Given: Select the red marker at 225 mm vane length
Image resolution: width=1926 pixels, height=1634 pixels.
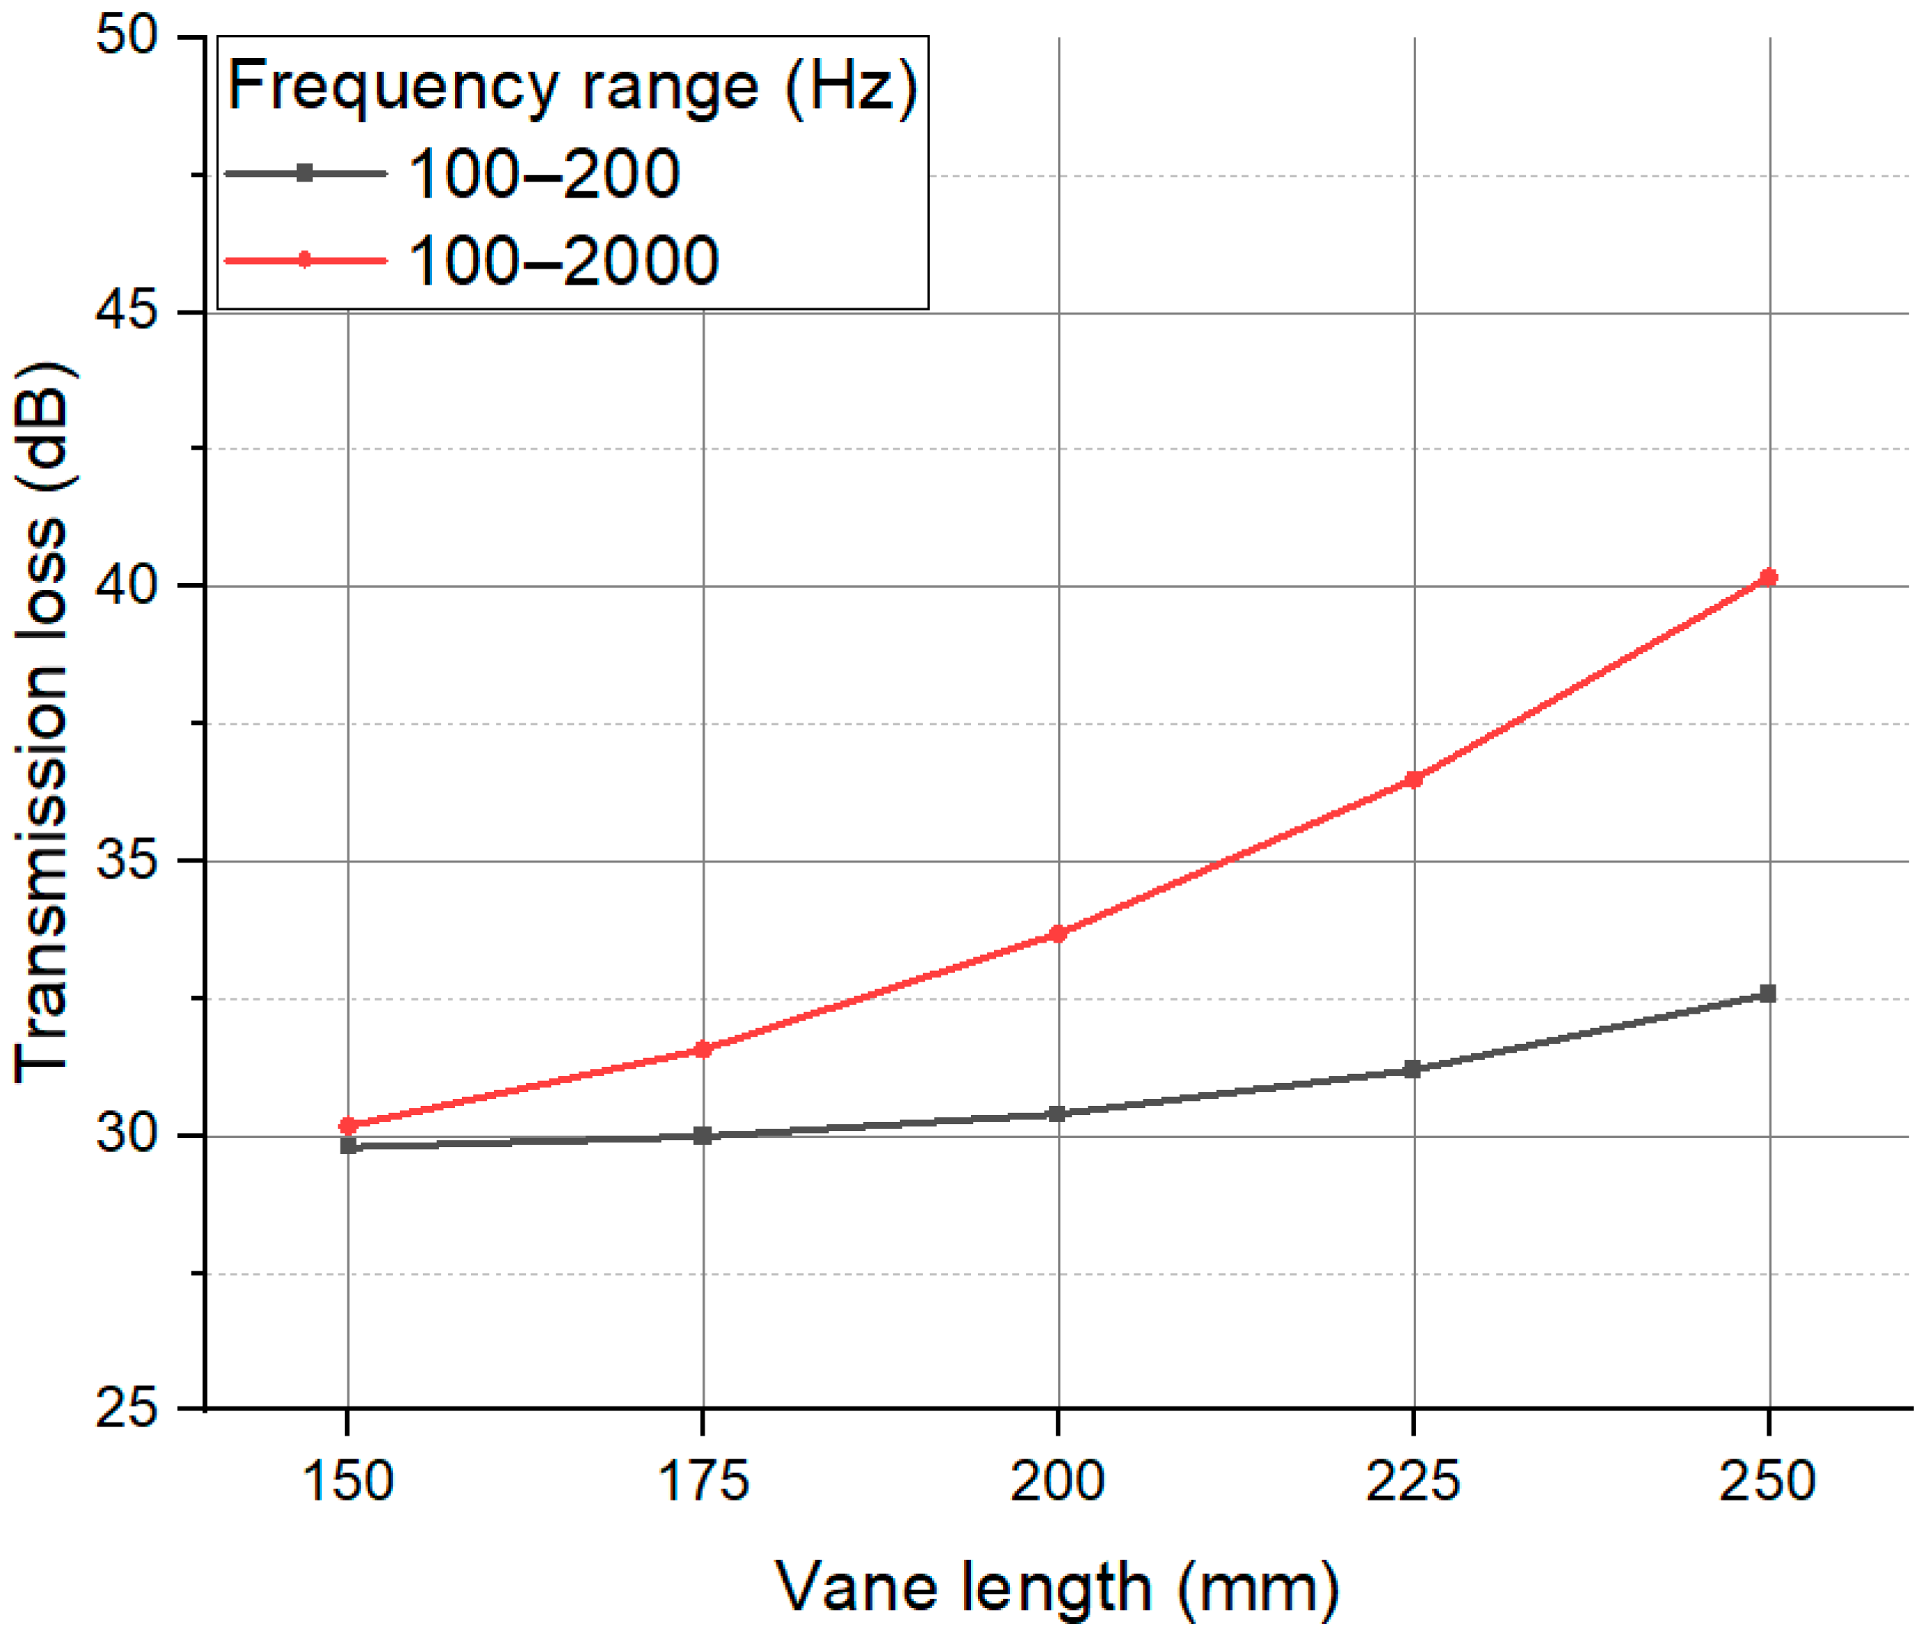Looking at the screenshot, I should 1413,780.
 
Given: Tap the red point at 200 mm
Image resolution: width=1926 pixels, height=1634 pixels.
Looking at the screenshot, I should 1057,933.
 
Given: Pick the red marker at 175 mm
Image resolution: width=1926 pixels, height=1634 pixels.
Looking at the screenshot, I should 702,1049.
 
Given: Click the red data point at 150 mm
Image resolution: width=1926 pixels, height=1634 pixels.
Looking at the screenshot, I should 347,1126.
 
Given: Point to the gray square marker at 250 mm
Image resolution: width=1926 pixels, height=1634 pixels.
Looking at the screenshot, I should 1767,994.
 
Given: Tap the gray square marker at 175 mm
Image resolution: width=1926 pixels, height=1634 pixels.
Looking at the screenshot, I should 702,1136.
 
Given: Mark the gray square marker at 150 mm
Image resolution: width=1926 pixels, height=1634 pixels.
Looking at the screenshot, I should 348,1146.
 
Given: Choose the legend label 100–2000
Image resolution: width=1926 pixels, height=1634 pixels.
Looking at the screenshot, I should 563,260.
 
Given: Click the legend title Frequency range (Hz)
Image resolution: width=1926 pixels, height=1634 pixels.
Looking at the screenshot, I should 573,86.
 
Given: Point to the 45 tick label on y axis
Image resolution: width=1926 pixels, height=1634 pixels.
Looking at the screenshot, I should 127,312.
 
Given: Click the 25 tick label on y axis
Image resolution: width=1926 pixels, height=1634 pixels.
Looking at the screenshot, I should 127,1409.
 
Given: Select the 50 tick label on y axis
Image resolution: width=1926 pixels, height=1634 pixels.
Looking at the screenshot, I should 127,37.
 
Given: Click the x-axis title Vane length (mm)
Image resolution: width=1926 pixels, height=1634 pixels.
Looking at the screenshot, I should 1057,1587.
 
